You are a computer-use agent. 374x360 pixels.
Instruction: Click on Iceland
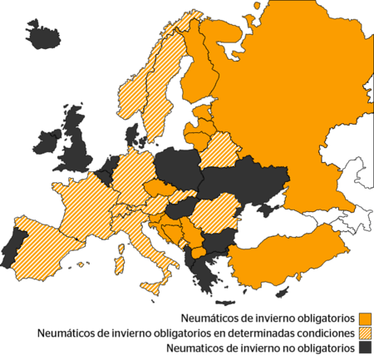(42, 37)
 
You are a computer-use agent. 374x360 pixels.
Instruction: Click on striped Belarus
(220, 150)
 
